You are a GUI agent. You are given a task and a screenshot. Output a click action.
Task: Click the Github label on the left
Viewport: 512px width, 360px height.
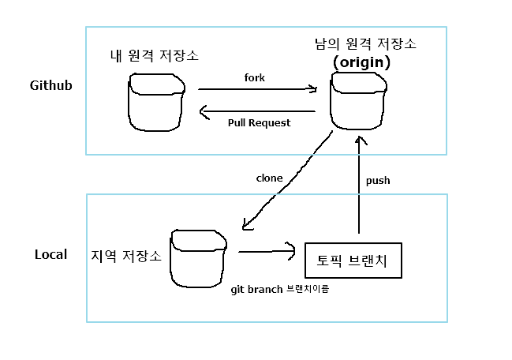tap(51, 85)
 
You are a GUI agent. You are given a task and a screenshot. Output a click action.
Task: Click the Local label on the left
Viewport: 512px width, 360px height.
tap(50, 254)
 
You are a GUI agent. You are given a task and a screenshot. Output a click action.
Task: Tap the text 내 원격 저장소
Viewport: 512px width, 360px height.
tap(155, 56)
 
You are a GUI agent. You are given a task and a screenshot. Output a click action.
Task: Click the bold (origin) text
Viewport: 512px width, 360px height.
tap(361, 61)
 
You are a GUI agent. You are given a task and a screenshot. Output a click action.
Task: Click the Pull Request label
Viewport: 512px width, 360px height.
tap(259, 123)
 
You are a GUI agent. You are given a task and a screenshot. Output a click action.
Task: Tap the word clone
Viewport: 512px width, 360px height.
tap(269, 178)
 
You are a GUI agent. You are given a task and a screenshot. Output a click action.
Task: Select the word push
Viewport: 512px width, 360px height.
tap(378, 181)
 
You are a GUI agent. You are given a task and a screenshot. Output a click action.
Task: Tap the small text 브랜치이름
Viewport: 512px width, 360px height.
tap(308, 289)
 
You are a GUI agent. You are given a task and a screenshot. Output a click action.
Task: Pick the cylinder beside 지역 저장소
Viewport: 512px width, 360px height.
tap(198, 259)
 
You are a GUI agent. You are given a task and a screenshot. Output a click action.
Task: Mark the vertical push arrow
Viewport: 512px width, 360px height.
tap(360, 185)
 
